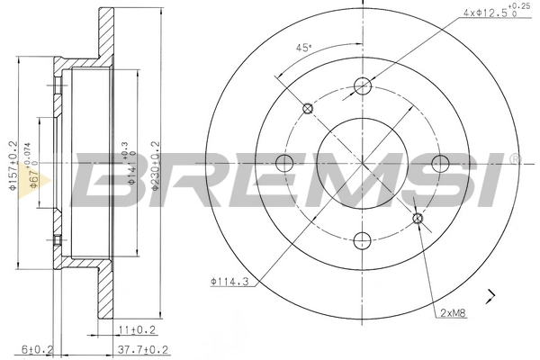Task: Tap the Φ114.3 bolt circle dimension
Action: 230,282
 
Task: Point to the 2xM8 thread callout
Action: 452,312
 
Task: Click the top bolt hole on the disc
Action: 363,86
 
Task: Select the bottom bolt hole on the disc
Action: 363,239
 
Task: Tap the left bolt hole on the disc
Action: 286,163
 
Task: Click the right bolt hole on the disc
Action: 439,163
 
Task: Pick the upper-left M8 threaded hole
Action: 309,109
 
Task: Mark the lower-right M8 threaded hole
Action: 417,217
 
